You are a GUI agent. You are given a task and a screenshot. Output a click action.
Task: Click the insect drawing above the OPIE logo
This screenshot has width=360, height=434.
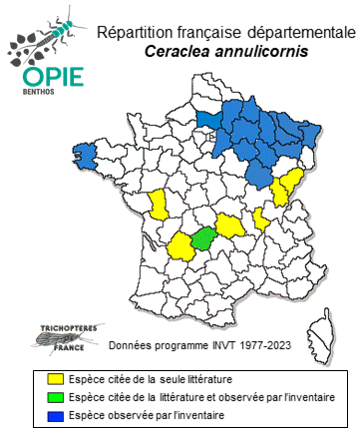pyautogui.click(x=45, y=35)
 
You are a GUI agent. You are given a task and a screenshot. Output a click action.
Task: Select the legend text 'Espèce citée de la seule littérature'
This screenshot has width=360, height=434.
pyautogui.click(x=143, y=379)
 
